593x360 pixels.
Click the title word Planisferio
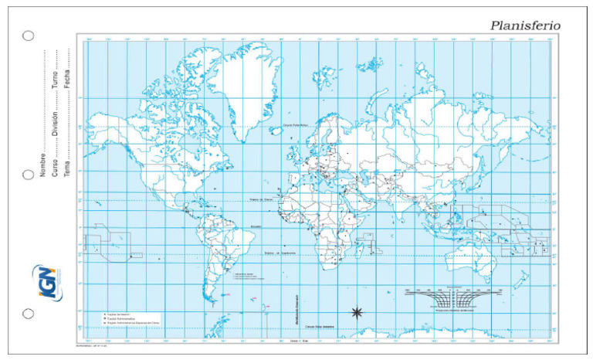pyautogui.click(x=526, y=25)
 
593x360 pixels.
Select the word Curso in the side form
pyautogui.click(x=56, y=167)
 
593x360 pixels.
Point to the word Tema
pyautogui.click(x=68, y=168)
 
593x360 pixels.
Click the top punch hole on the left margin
pyautogui.click(x=29, y=36)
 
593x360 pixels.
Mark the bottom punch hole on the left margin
pyautogui.click(x=29, y=314)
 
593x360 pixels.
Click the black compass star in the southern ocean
pyautogui.click(x=357, y=312)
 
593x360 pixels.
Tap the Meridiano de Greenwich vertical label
pyautogui.click(x=296, y=309)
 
